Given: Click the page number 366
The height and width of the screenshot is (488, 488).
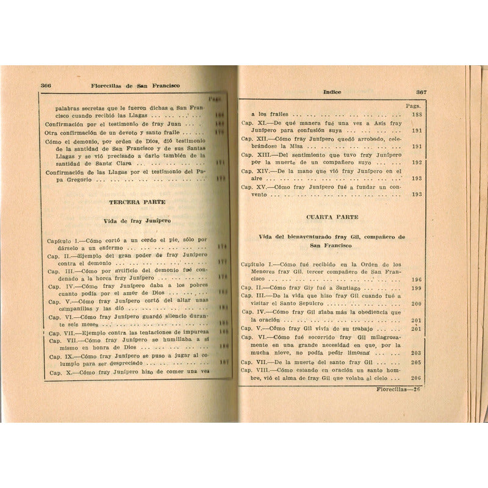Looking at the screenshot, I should pyautogui.click(x=46, y=85).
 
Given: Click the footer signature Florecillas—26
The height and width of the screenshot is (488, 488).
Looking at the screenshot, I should pyautogui.click(x=396, y=389).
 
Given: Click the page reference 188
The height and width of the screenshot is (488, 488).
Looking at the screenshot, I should pyautogui.click(x=417, y=115).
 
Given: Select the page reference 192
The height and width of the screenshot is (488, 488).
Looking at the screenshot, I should pyautogui.click(x=417, y=163).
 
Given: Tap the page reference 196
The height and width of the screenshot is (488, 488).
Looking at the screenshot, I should pyautogui.click(x=417, y=279).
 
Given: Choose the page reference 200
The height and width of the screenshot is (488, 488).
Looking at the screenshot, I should pyautogui.click(x=417, y=304).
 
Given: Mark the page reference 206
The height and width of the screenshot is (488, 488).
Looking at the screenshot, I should pyautogui.click(x=417, y=378).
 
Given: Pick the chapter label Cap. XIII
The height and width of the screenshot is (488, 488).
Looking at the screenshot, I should pyautogui.click(x=255, y=155).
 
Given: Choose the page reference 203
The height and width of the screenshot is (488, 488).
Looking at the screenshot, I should pyautogui.click(x=417, y=353).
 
